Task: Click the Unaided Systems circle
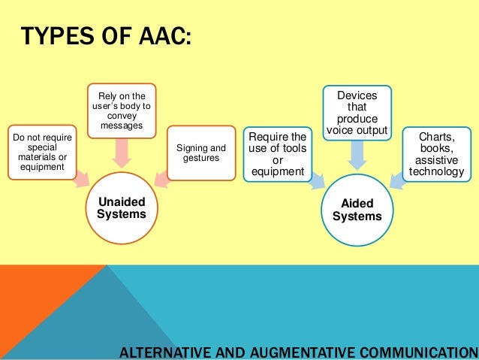tap(121, 207)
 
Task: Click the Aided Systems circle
tap(357, 210)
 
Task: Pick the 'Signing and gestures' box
tap(200, 153)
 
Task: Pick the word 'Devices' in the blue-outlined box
tap(357, 96)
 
